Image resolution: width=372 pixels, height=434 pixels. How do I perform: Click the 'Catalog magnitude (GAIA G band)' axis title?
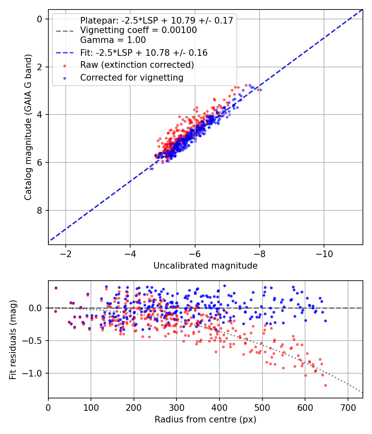[x=28, y=127]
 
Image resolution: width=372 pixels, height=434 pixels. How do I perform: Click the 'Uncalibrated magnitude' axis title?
[x=205, y=266]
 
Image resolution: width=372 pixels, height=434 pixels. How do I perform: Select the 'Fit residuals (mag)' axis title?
[x=13, y=340]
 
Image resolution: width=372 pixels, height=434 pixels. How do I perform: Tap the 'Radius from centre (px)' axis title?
[x=205, y=420]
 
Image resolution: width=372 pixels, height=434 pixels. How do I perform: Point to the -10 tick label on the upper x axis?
[x=324, y=253]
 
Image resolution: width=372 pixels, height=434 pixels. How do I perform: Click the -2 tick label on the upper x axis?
[x=66, y=253]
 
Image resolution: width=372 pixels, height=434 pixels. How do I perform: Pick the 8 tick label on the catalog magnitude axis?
[x=39, y=210]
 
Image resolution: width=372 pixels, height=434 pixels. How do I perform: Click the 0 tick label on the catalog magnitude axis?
[x=39, y=19]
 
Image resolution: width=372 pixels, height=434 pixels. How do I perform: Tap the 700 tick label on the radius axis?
[x=348, y=408]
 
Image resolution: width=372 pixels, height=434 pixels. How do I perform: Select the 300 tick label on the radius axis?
[x=176, y=408]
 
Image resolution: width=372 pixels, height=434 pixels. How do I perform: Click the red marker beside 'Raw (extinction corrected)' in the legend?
[x=65, y=66]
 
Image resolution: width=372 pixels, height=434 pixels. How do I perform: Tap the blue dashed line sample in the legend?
[x=65, y=53]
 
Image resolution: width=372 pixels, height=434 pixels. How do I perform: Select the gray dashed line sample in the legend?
[x=65, y=31]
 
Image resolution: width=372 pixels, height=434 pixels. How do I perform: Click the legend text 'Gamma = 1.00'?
[x=113, y=40]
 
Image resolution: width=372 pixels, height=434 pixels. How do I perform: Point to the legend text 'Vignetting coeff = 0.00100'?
[x=138, y=30]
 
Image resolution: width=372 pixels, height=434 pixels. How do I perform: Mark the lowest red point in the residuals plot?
[x=326, y=385]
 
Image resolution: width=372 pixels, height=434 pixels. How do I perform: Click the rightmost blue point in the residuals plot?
[x=326, y=321]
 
